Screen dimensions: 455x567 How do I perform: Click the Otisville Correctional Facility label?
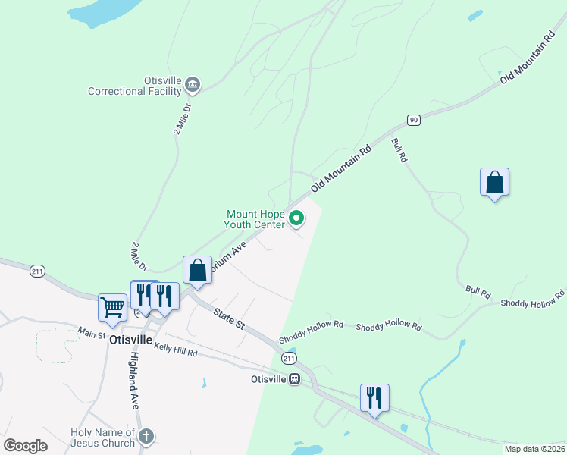(x=135, y=86)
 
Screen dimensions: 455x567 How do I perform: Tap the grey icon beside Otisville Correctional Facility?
(x=193, y=84)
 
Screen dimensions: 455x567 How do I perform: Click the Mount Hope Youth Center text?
(x=255, y=219)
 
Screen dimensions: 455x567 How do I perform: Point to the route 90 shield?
(x=413, y=120)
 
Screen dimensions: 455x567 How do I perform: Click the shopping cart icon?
(x=112, y=308)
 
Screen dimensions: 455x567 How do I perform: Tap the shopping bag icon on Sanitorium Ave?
(x=197, y=270)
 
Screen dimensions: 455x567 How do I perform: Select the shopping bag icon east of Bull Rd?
(x=494, y=182)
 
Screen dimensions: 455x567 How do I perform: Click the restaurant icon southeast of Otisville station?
(x=374, y=397)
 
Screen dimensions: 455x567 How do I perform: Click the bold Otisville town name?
(x=132, y=340)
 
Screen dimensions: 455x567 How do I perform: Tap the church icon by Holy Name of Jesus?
(x=146, y=436)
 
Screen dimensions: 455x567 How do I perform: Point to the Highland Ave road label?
(x=134, y=381)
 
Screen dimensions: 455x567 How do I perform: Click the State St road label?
(x=229, y=318)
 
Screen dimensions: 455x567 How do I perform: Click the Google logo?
(x=26, y=445)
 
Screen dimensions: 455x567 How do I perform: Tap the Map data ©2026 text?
(x=534, y=449)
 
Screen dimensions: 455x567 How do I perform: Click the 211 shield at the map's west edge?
(x=37, y=271)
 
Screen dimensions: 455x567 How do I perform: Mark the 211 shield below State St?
(x=287, y=358)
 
